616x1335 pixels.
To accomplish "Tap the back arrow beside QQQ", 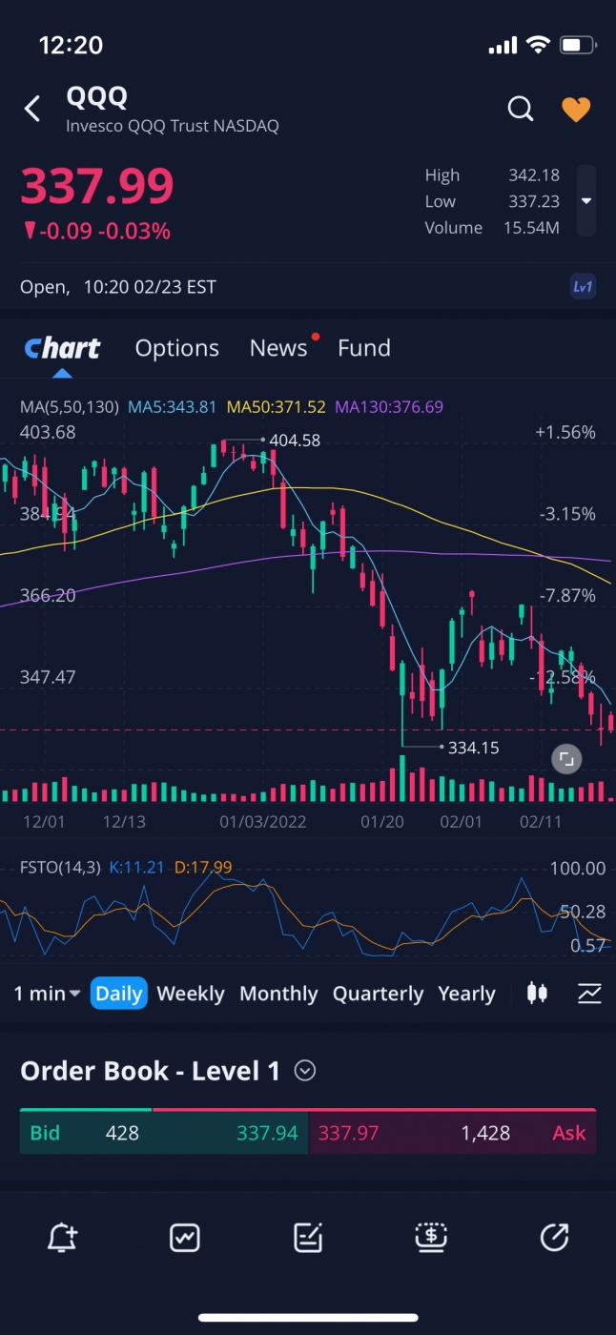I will [x=32, y=109].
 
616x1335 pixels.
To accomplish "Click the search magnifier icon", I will [x=521, y=109].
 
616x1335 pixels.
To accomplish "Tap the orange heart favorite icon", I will [x=576, y=110].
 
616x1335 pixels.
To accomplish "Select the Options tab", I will [x=177, y=348].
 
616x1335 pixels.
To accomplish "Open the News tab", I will [x=278, y=348].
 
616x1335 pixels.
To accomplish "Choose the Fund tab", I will [x=364, y=348].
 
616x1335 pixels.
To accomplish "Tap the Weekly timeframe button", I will [x=191, y=994].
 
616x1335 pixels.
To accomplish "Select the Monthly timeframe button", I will [x=278, y=994].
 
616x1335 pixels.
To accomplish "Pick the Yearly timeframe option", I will [x=466, y=994].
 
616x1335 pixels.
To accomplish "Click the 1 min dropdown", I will [x=47, y=994].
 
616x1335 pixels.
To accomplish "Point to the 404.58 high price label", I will [x=295, y=441].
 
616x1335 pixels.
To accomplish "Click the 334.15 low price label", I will [x=473, y=748].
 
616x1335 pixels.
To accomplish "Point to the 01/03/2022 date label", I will [x=263, y=821].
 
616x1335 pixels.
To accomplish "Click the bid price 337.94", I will [x=267, y=1133].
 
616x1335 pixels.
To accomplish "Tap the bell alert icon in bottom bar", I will [x=62, y=1238].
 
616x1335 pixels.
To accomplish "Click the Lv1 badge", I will [x=583, y=287].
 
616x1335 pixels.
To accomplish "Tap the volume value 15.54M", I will [x=531, y=228].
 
